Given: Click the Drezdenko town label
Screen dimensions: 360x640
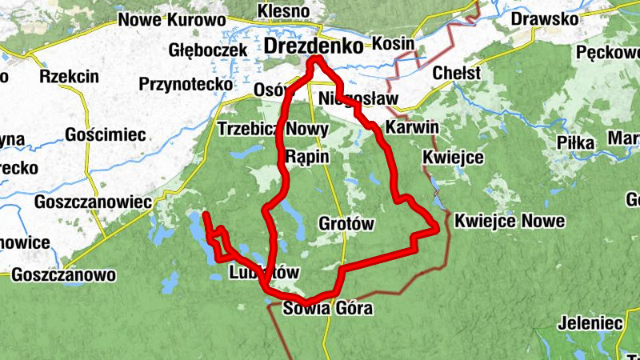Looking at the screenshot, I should tap(313, 46).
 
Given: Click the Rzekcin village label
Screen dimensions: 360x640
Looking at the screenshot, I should tap(69, 77).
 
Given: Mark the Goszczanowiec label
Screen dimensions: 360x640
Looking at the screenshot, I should tap(94, 202).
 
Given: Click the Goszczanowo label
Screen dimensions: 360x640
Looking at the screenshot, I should tap(64, 275).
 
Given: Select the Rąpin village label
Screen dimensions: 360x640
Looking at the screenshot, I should tap(307, 156).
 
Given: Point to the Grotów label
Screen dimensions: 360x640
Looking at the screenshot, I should tap(346, 224).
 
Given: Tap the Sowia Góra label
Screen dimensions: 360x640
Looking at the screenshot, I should tap(328, 309).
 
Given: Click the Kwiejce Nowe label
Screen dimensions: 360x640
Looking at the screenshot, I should tap(510, 221).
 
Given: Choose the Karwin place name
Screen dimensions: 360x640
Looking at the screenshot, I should tap(412, 127).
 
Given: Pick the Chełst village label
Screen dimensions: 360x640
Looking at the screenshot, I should tap(456, 74).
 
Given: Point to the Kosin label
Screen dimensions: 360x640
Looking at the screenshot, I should tap(394, 44).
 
